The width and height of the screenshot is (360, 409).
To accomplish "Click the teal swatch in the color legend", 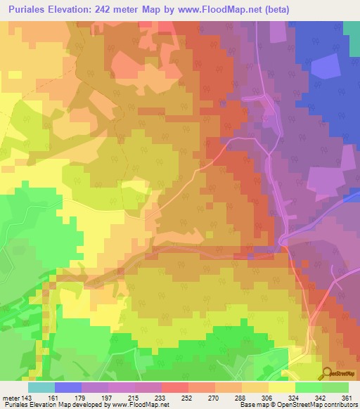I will click(x=41, y=387).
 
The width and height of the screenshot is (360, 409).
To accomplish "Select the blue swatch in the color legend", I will click(x=68, y=387).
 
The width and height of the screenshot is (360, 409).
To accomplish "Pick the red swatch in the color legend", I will click(x=175, y=387).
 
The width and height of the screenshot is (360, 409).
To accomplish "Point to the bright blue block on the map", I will click(x=323, y=67).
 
